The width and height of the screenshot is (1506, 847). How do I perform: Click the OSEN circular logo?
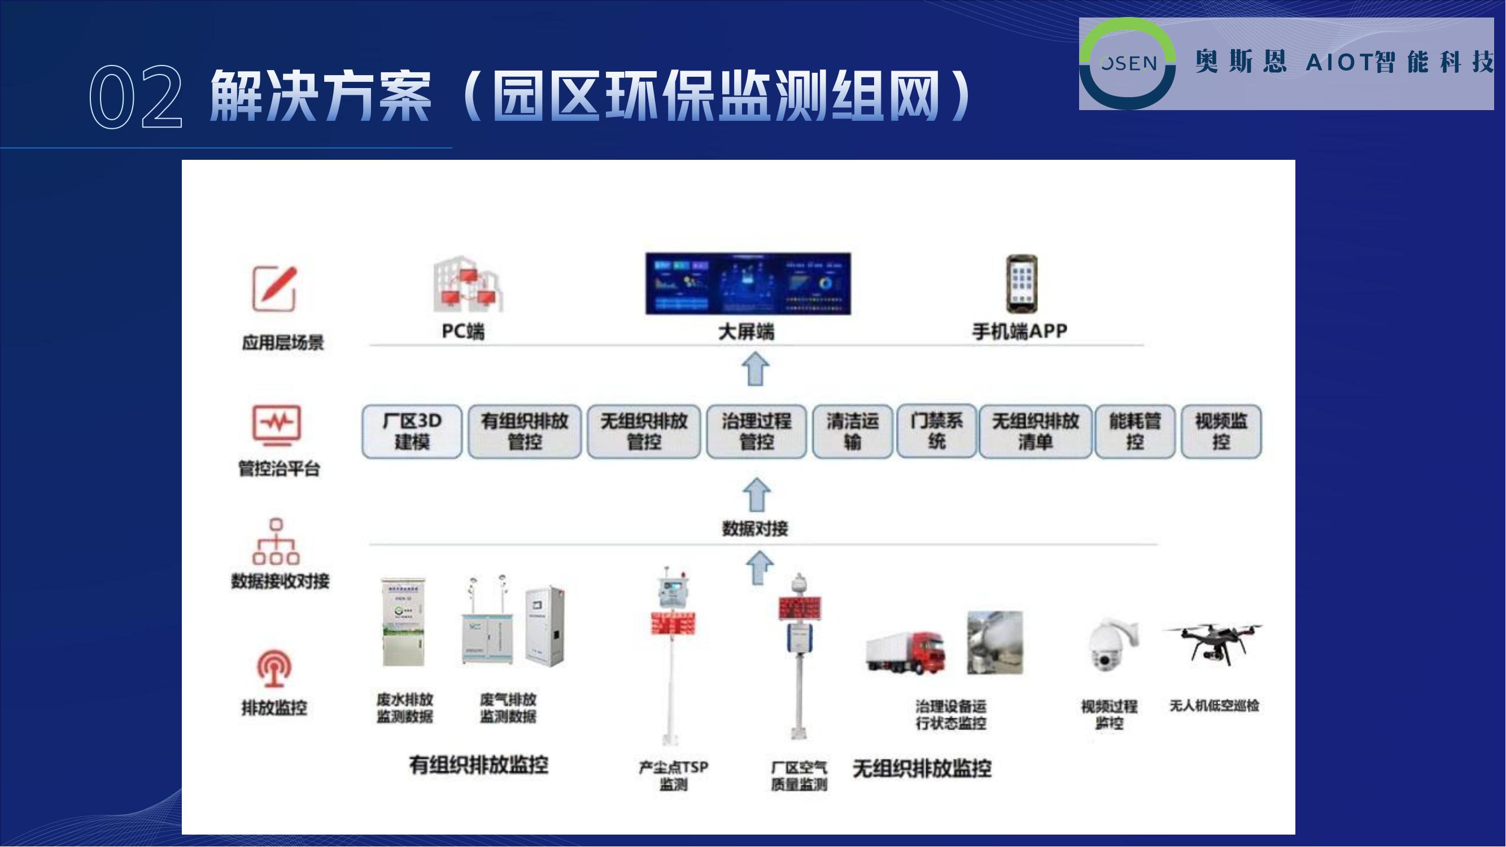click(1127, 63)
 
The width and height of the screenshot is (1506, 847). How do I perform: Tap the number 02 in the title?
click(136, 97)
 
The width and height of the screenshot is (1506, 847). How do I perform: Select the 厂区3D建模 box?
click(412, 431)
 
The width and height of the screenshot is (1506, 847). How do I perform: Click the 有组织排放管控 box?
click(525, 431)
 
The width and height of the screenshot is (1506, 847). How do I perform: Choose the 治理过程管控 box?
click(756, 431)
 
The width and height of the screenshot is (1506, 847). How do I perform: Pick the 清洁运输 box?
click(853, 431)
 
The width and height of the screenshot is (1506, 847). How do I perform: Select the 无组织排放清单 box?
click(1035, 431)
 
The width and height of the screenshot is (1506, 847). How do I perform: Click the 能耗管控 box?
click(1135, 431)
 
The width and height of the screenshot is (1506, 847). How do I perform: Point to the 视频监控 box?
click(1221, 431)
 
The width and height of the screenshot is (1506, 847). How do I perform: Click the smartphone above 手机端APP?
click(1022, 284)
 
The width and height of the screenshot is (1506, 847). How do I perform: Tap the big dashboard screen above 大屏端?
click(748, 284)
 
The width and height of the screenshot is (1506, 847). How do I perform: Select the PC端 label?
click(463, 331)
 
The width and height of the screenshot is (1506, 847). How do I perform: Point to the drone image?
click(1213, 643)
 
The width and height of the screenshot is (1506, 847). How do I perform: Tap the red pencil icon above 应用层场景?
click(275, 289)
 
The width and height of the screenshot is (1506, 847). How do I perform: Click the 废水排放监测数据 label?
click(404, 708)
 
